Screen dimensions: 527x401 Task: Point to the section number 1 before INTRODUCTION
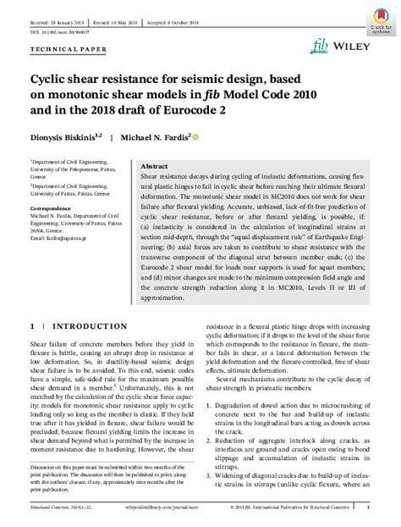(x=32, y=325)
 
